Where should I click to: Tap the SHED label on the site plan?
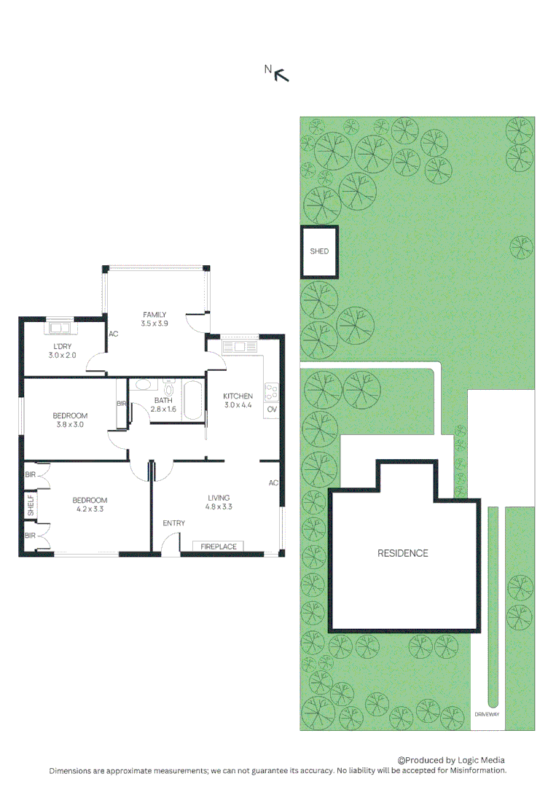tap(319, 251)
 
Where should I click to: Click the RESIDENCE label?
tap(402, 553)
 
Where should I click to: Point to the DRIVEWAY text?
tap(486, 715)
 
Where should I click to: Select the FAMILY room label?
tap(154, 315)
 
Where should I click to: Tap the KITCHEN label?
tap(238, 396)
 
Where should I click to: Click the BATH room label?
tap(163, 401)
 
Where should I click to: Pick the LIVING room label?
tap(218, 498)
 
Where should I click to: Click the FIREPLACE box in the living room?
tap(219, 547)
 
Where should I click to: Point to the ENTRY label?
tap(173, 523)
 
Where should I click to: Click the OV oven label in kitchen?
tap(271, 410)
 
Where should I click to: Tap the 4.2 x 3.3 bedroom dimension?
tap(89, 509)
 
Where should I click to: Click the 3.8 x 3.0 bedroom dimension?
tap(70, 424)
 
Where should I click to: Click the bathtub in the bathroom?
tap(193, 401)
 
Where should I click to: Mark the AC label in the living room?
tap(273, 483)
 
